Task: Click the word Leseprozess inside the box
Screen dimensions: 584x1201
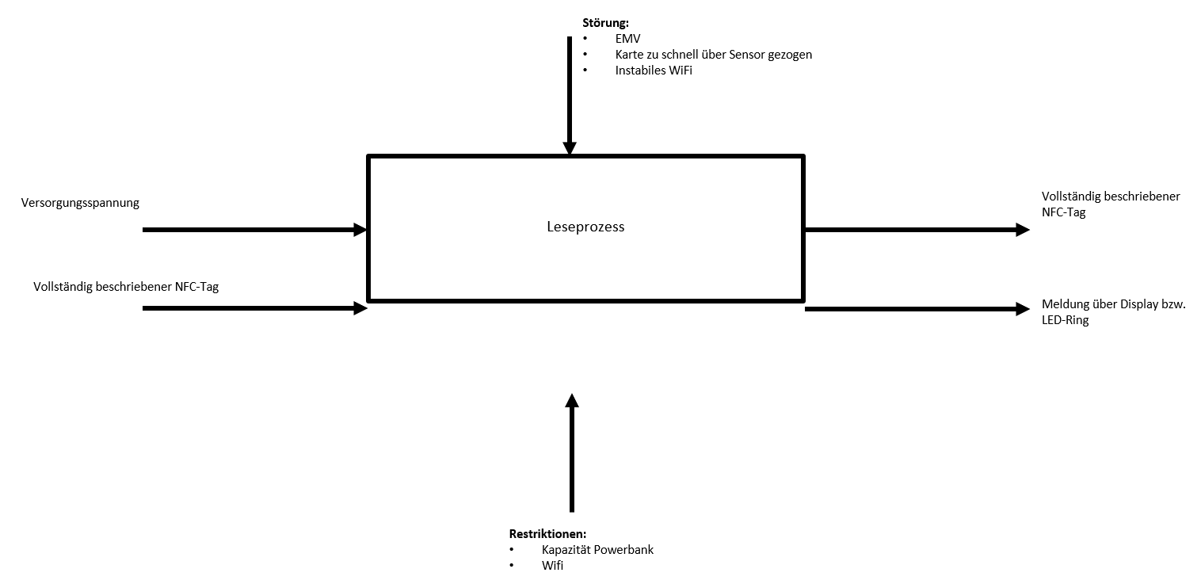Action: pos(585,227)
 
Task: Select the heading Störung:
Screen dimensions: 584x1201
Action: pos(605,22)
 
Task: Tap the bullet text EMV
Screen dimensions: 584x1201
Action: pos(627,38)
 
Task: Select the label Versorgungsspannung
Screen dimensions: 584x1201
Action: pos(81,203)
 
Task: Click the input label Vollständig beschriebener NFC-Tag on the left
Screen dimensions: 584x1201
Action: pos(126,287)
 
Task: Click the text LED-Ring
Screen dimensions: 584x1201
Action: pos(1066,320)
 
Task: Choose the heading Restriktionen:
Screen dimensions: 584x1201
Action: pos(547,533)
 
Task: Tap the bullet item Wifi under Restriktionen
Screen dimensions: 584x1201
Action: pos(553,566)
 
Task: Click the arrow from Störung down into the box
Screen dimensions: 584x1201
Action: pos(569,95)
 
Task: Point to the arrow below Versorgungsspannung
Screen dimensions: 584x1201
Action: pos(254,230)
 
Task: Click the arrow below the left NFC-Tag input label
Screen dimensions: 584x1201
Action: pos(254,307)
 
